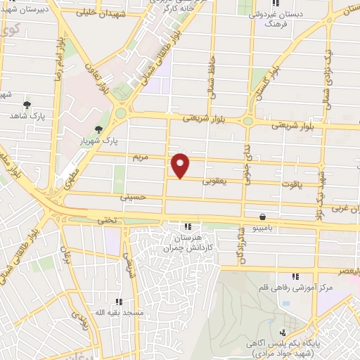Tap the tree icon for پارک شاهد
coord(27,105)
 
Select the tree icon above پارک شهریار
coord(98,129)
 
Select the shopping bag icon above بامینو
coord(262,217)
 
